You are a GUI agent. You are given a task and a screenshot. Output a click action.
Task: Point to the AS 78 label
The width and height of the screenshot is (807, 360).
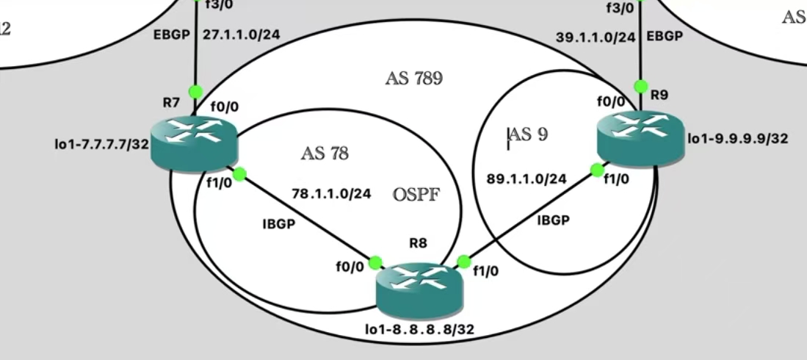pos(324,154)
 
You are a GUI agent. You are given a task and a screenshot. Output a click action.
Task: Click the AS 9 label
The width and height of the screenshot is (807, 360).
pos(528,134)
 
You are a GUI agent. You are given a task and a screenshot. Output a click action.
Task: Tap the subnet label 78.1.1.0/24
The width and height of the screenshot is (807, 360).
pos(331,194)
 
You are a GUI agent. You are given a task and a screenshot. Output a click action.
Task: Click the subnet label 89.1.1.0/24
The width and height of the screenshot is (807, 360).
pos(526,179)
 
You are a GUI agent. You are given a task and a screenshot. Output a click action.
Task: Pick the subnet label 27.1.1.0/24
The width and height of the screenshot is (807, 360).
pos(243,34)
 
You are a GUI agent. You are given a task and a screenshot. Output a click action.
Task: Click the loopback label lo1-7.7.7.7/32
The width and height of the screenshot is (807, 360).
pos(101,144)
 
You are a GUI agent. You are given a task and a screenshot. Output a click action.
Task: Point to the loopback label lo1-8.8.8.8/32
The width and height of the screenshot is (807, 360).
pos(419,330)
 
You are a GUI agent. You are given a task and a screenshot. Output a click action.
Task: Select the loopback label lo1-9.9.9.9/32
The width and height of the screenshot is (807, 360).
pos(737,137)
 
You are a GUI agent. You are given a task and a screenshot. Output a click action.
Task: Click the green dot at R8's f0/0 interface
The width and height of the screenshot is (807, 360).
pos(376,262)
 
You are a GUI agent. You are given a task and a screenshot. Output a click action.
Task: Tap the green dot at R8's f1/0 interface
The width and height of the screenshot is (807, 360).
pos(463,262)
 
